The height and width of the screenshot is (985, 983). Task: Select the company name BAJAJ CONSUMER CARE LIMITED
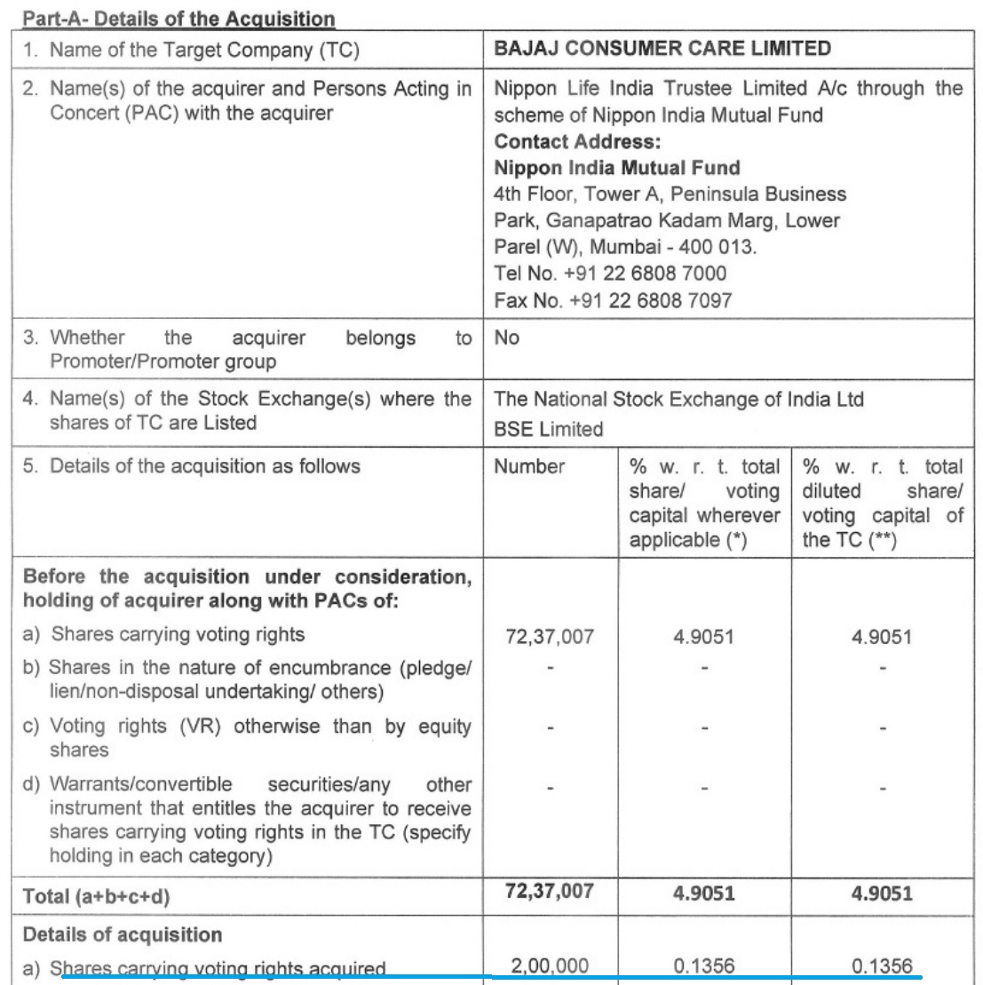(662, 48)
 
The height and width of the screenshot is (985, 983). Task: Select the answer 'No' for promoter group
(507, 338)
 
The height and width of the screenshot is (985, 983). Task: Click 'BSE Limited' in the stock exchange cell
(548, 429)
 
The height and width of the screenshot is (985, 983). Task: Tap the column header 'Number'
(529, 466)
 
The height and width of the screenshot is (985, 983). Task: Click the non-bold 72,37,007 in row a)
(549, 636)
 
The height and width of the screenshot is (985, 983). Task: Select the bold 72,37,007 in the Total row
(549, 891)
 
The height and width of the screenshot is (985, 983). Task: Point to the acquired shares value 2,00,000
(549, 965)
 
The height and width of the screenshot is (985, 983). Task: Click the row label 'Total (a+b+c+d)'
(96, 896)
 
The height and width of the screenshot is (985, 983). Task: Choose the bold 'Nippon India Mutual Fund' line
(617, 168)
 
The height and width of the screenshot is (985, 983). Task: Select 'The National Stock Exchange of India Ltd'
(678, 400)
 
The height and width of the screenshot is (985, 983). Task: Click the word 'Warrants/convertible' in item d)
(141, 784)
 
